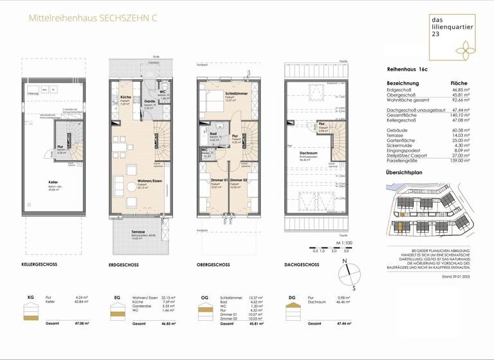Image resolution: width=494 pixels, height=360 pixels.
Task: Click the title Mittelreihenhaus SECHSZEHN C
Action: click(x=93, y=19)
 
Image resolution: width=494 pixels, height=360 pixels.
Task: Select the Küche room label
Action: click(x=126, y=98)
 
